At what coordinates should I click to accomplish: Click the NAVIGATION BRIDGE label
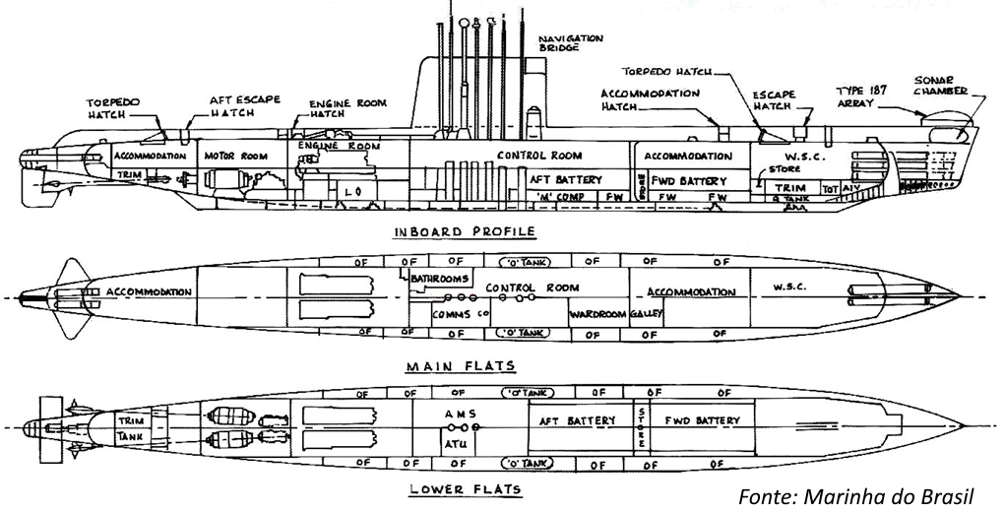point(571,42)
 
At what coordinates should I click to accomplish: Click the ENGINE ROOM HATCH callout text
point(346,108)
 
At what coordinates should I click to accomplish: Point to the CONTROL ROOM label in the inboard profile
point(537,156)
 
